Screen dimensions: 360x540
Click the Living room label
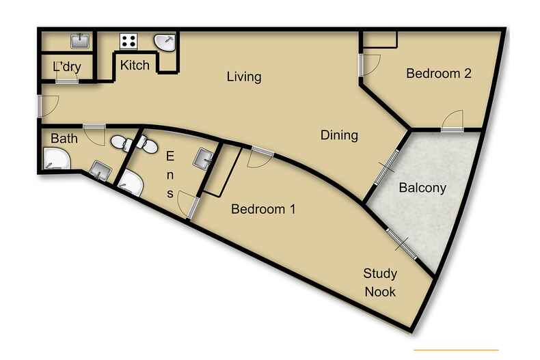click(x=244, y=77)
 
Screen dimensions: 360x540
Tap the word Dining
click(x=339, y=135)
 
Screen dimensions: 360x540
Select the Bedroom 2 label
click(x=439, y=74)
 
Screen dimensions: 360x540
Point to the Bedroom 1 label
click(x=263, y=210)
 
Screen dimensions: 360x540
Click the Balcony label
click(x=422, y=187)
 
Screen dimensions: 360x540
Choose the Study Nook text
click(x=379, y=283)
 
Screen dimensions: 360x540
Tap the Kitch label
click(x=135, y=66)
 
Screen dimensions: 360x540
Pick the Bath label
click(x=64, y=139)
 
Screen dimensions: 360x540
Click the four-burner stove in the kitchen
click(x=129, y=40)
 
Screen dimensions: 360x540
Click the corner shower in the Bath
click(x=55, y=160)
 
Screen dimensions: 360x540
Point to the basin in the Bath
click(x=100, y=169)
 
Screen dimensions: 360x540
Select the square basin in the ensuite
click(x=204, y=158)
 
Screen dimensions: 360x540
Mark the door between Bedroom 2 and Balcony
click(x=452, y=123)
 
